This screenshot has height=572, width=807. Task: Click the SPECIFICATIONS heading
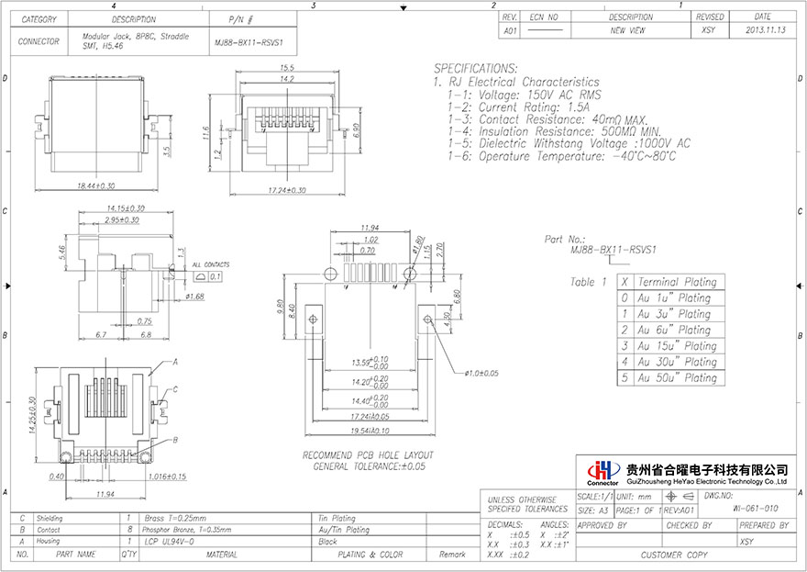(475, 69)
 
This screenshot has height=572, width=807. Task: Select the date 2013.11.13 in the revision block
(763, 30)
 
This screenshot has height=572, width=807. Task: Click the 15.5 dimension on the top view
(287, 68)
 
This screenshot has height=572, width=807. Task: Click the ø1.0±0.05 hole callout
(481, 374)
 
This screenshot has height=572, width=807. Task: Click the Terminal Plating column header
(677, 282)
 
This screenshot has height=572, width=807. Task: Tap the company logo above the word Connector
(602, 468)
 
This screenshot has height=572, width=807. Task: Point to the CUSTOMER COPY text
(674, 555)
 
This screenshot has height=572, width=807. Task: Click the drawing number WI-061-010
(757, 508)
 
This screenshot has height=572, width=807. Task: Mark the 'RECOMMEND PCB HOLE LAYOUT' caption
(368, 455)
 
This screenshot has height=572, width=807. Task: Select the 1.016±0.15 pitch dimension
(165, 477)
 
